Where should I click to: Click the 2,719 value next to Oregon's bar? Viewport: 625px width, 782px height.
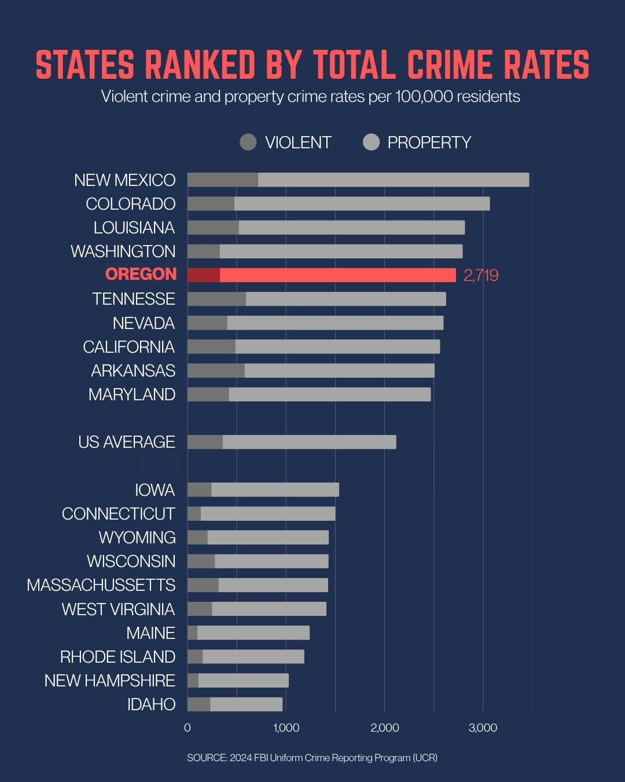(480, 275)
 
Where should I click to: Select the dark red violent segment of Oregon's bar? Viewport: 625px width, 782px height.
(203, 275)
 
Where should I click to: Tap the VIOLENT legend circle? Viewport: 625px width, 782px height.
(248, 142)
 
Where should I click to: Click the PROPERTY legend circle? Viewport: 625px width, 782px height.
(371, 142)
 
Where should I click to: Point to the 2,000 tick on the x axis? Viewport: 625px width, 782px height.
(385, 728)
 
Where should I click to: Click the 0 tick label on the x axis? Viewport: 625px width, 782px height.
(187, 728)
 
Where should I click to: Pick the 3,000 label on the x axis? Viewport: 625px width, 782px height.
(483, 728)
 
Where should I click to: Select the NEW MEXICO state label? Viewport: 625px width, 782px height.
(124, 180)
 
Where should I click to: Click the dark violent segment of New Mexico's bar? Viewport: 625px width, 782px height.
(222, 180)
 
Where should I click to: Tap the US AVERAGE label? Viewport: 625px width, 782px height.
(126, 442)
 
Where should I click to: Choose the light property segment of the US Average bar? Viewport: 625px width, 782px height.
(309, 442)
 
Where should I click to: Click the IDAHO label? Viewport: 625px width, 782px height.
(151, 704)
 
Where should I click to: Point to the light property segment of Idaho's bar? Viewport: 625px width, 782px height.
(246, 704)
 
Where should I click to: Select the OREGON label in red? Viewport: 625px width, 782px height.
(141, 274)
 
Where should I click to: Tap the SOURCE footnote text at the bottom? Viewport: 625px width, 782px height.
(312, 758)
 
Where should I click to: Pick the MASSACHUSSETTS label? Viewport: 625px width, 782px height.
(101, 585)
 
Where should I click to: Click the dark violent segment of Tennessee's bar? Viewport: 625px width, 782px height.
(216, 299)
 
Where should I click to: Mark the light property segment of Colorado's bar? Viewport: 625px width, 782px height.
(362, 204)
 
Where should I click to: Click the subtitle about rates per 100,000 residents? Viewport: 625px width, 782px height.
(310, 96)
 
